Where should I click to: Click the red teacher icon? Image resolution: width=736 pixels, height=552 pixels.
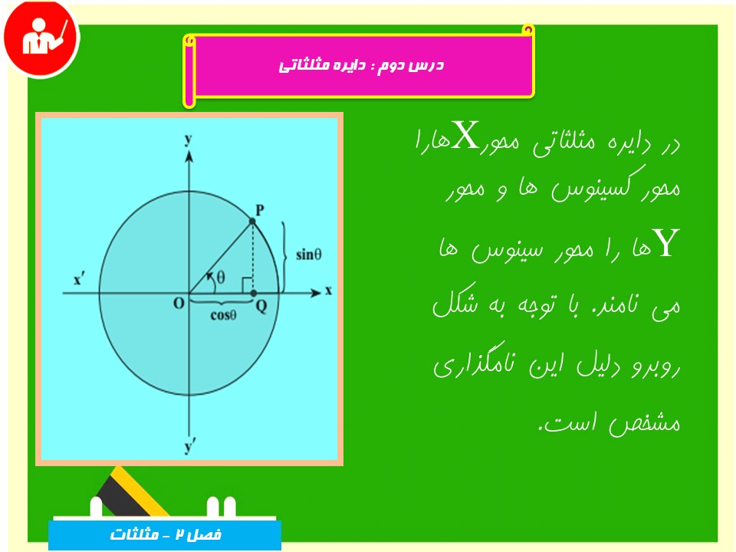point(41,38)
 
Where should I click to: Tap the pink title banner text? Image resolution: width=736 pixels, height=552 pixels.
point(361,64)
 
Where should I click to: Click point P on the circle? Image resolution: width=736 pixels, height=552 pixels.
point(252,221)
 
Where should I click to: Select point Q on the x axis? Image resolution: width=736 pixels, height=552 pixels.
point(254,294)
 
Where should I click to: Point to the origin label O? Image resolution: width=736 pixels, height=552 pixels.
point(179,304)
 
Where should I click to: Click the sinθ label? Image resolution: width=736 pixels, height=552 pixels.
point(308,255)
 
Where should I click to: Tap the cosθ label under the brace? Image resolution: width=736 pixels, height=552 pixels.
point(223,315)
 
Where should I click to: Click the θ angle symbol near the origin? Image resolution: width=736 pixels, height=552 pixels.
point(221,278)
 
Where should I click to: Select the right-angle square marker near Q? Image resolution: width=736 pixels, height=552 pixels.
point(248,285)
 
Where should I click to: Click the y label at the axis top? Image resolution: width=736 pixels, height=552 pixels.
point(189,140)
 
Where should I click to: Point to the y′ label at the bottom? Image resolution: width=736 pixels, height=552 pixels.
point(189,446)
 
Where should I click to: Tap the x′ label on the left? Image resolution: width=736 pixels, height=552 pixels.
point(78,280)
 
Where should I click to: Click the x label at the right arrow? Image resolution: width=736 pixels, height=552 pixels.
point(329,291)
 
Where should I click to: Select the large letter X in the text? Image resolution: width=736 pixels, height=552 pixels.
point(465,135)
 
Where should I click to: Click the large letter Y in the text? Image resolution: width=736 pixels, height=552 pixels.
point(667,242)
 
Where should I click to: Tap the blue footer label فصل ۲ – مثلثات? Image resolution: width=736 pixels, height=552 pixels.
point(166,534)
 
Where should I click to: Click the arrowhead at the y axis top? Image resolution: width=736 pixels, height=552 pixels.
point(189,156)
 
